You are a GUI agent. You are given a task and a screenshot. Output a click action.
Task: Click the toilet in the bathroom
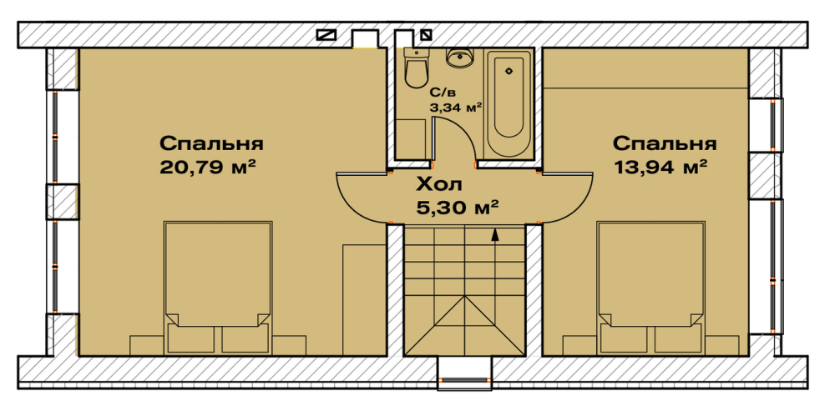pos(415,69)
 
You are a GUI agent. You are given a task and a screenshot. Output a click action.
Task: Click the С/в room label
pos(443,93)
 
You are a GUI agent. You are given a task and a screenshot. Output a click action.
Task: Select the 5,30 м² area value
pos(457,205)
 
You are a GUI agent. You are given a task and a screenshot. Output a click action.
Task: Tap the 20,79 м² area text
pos(206,167)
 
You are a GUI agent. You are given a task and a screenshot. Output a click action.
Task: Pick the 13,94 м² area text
pos(660,167)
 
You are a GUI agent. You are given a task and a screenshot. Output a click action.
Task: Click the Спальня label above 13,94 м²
pos(665,142)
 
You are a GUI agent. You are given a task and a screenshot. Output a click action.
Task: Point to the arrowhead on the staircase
pos(495,234)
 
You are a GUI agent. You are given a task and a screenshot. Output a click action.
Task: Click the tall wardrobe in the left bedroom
pos(363,300)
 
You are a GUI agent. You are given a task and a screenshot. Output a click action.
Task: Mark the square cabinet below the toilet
pos(412,138)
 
